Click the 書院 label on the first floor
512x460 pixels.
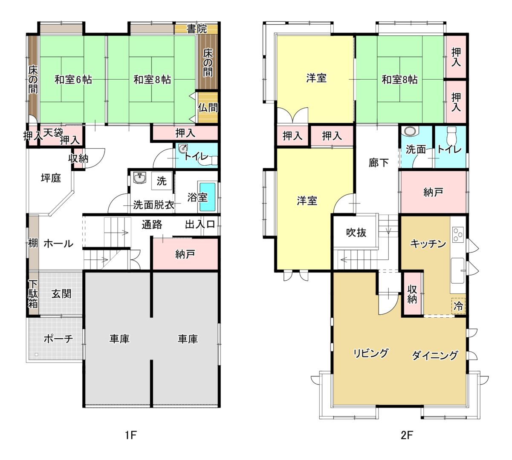pos(197,29)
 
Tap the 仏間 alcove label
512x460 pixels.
pos(208,108)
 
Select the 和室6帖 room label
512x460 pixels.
pos(73,80)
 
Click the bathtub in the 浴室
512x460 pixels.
pos(208,197)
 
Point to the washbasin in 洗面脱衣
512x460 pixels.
pos(139,178)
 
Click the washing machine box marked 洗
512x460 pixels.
pos(162,181)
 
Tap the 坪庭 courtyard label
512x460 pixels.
pos(51,178)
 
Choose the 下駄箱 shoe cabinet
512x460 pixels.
pos(33,294)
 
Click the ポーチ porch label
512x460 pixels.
pos(58,339)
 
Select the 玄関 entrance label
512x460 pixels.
pos(61,293)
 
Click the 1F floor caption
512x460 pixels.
pos(131,435)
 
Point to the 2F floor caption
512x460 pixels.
pos(407,435)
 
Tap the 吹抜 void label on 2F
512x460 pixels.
pos(356,233)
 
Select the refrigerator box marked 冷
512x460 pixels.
pos(459,306)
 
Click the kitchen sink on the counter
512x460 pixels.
pos(457,270)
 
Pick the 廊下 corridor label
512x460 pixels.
pos(379,162)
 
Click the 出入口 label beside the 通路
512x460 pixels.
pos(200,224)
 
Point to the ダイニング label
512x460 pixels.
pos(435,355)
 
